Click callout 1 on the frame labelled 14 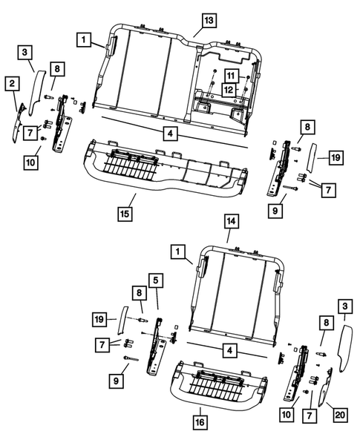pos(178,252)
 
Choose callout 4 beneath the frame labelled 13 pos(170,134)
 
